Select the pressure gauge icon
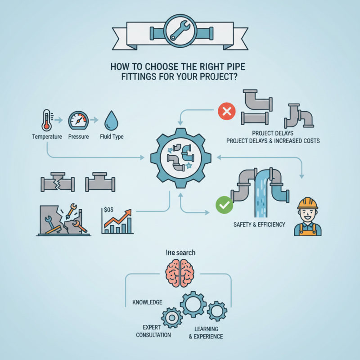coord(78,120)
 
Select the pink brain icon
coord(180,273)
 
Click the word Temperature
coord(47,136)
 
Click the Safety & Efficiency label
coord(259,224)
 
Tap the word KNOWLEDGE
coord(147,302)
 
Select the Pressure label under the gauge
coord(78,136)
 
